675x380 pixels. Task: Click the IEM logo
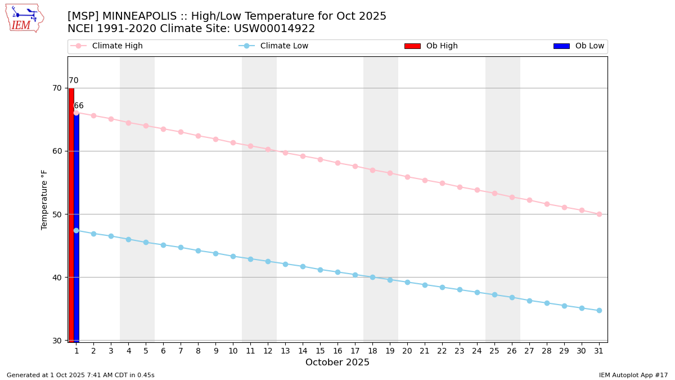24,18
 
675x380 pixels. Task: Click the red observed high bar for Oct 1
71,214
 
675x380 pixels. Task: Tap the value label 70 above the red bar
74,81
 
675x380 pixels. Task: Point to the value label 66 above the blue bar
79,106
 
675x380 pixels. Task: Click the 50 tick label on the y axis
57,214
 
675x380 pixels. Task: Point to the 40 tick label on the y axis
57,278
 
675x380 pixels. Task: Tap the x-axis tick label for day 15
320,351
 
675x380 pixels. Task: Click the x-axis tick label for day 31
599,351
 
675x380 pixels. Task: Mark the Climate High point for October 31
599,214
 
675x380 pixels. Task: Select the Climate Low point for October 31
599,310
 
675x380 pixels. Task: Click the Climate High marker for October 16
337,163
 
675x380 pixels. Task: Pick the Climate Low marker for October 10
233,256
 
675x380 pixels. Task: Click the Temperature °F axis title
44,199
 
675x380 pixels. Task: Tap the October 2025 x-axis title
337,363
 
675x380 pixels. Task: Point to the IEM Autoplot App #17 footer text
633,375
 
